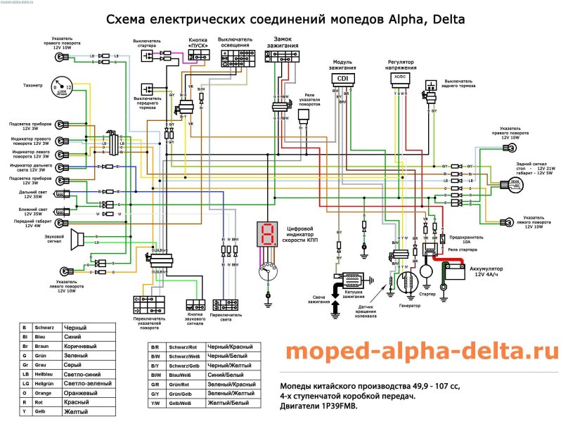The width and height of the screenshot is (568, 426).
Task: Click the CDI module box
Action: click(342, 79)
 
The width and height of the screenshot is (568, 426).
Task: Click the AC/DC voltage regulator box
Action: click(400, 78)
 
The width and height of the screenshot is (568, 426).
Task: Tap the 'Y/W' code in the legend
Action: click(154, 402)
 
